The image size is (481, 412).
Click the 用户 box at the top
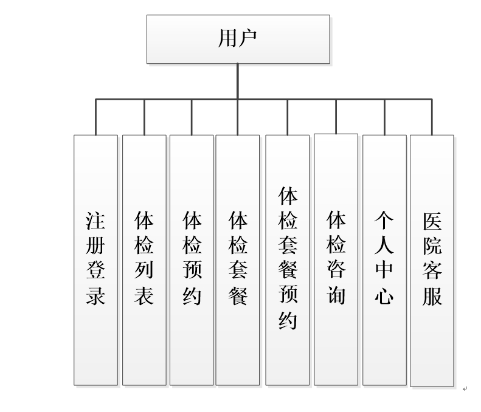[x=238, y=39]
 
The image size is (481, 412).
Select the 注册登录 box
[x=95, y=259]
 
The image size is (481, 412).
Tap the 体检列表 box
[x=144, y=259]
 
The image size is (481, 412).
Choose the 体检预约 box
[x=192, y=259]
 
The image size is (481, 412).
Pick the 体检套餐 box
[x=238, y=259]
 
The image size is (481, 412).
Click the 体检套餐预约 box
[x=287, y=259]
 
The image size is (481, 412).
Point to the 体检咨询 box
[x=336, y=259]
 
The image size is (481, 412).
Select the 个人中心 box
[x=384, y=259]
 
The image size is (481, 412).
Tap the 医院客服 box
[x=432, y=259]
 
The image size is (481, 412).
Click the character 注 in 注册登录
[x=95, y=221]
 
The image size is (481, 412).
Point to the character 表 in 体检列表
[x=144, y=296]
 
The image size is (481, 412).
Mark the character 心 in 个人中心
[x=384, y=296]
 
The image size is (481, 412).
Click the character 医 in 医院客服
[x=432, y=221]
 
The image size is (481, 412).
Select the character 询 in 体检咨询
[x=336, y=296]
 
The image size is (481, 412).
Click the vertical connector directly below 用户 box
[x=238, y=81]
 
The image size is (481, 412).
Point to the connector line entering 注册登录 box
[x=95, y=117]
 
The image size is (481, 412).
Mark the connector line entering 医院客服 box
[x=432, y=117]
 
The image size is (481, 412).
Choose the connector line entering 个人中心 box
[x=384, y=117]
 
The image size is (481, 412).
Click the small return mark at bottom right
[x=465, y=388]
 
